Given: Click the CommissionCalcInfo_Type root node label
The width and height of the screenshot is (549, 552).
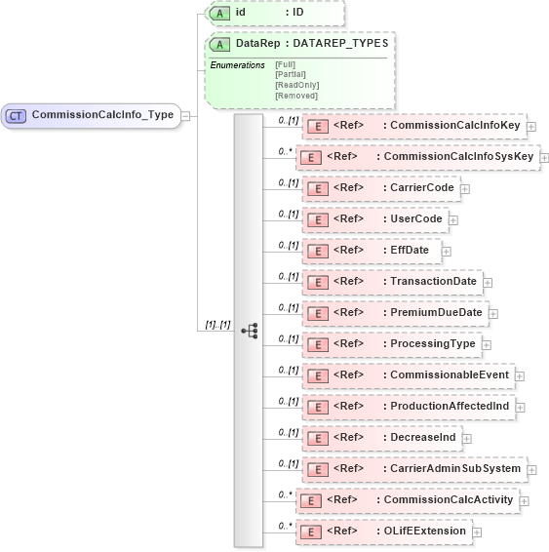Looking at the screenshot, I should [x=102, y=115].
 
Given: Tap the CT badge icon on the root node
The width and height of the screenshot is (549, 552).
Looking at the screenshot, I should [x=16, y=115].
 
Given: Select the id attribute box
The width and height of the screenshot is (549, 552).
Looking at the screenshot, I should [x=273, y=13].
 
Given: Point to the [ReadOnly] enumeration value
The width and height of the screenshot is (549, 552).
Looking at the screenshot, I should [x=296, y=85].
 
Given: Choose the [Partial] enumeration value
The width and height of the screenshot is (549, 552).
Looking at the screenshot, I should [x=291, y=74].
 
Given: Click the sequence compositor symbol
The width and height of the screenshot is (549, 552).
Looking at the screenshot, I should [x=250, y=331].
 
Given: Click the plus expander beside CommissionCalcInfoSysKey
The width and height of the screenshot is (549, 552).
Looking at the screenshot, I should [x=544, y=157].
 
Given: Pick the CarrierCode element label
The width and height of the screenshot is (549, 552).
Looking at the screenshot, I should [x=421, y=188].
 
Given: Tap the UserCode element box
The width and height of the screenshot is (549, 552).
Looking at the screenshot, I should [x=375, y=219].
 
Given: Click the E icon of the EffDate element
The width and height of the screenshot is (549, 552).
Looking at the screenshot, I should [x=316, y=251].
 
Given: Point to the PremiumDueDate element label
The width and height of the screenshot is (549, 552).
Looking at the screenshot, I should [x=435, y=313].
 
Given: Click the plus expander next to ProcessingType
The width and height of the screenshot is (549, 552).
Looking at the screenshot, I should [x=486, y=344].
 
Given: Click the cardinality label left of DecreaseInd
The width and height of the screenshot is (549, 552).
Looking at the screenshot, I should [x=288, y=432].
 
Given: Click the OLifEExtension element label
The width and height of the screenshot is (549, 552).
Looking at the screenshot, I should [x=424, y=532].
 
